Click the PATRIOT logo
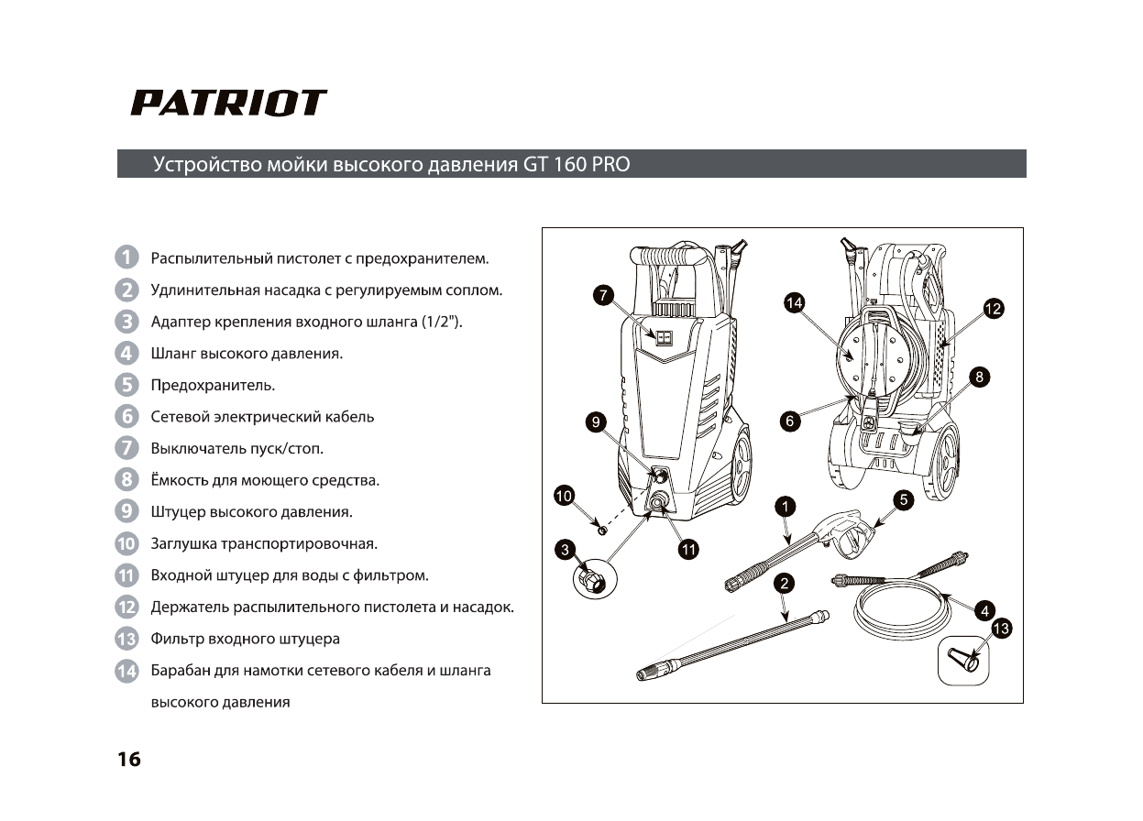(x=228, y=103)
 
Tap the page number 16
(x=129, y=760)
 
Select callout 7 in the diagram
(x=601, y=295)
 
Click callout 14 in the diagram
(x=795, y=301)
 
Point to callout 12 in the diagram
(x=993, y=308)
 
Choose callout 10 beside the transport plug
(x=564, y=496)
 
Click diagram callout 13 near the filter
(x=1002, y=629)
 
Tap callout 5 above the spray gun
(x=905, y=500)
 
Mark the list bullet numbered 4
(x=126, y=353)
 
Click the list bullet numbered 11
(x=126, y=575)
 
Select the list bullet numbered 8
(x=126, y=479)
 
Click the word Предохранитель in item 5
(x=213, y=385)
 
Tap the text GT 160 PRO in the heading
(x=577, y=165)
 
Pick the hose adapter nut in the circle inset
(x=591, y=579)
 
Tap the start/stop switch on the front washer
(x=663, y=336)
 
